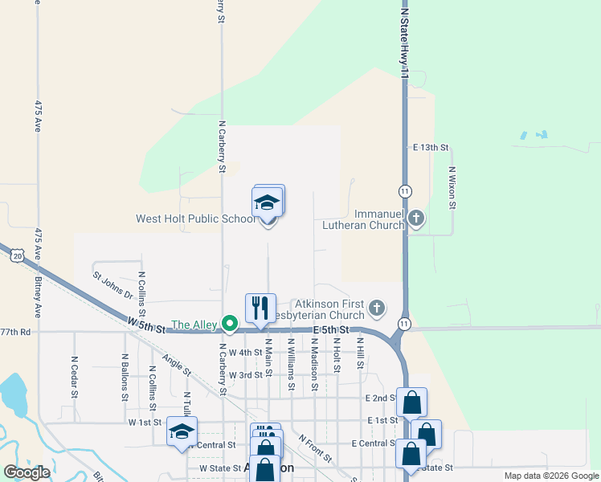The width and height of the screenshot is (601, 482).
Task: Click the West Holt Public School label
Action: [195, 219]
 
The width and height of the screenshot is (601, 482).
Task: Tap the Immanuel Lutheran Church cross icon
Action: [416, 218]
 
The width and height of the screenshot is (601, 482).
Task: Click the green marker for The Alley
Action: [230, 325]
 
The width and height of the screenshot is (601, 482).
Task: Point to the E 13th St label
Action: [430, 148]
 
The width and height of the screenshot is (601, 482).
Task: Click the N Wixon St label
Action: [452, 188]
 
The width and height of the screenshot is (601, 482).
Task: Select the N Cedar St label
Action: [74, 377]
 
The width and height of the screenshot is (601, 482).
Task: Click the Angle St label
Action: [176, 366]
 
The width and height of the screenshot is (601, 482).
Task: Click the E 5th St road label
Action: [331, 330]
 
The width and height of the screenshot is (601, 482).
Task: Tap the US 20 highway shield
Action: [18, 255]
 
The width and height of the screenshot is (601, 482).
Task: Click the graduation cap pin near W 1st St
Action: [182, 431]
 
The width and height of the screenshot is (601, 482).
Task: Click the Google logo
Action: [27, 472]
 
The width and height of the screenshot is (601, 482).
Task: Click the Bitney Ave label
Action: [38, 295]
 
